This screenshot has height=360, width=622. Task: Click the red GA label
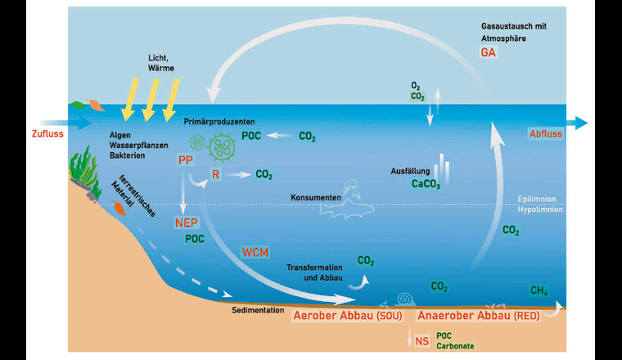tap(488, 53)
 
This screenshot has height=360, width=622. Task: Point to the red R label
tap(216, 174)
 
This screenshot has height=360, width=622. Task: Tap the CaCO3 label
tap(426, 185)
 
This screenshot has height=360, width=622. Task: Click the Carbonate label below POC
tap(454, 346)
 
